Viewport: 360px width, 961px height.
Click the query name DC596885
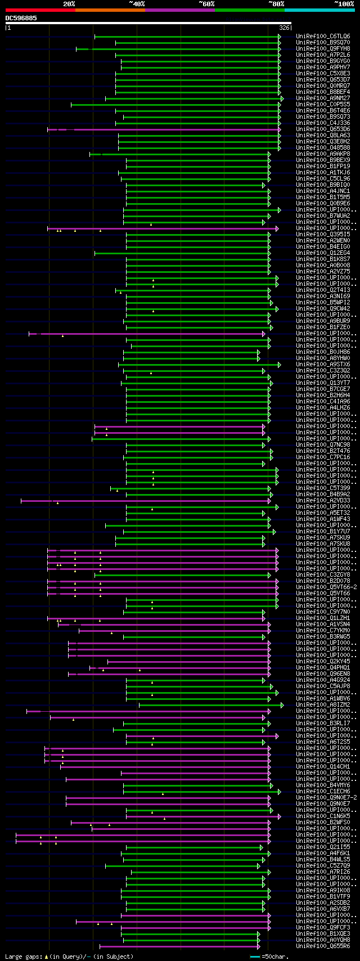(x=21, y=18)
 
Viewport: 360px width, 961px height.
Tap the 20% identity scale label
(x=69, y=4)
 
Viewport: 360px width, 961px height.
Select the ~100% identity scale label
(x=344, y=4)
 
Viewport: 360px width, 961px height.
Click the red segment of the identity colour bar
(x=40, y=10)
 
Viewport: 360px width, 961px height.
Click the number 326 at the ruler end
(x=284, y=28)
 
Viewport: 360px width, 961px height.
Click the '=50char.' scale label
(x=274, y=956)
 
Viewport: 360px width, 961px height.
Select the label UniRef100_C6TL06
(x=323, y=37)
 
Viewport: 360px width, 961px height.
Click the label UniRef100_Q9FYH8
(x=323, y=49)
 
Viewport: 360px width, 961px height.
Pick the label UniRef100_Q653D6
(x=323, y=129)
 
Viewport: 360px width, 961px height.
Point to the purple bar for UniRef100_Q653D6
(x=169, y=129)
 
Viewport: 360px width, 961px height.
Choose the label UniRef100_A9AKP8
(x=323, y=154)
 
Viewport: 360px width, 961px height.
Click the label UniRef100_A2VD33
(x=323, y=501)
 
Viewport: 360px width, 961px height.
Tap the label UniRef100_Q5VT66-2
(x=326, y=587)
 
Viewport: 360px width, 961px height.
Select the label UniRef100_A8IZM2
(x=323, y=705)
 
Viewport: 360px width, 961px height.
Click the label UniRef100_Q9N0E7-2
(x=326, y=798)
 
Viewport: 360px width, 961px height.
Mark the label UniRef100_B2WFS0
(x=323, y=823)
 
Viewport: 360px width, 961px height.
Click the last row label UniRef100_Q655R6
(x=323, y=946)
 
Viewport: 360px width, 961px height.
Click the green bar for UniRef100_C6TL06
(x=186, y=37)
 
